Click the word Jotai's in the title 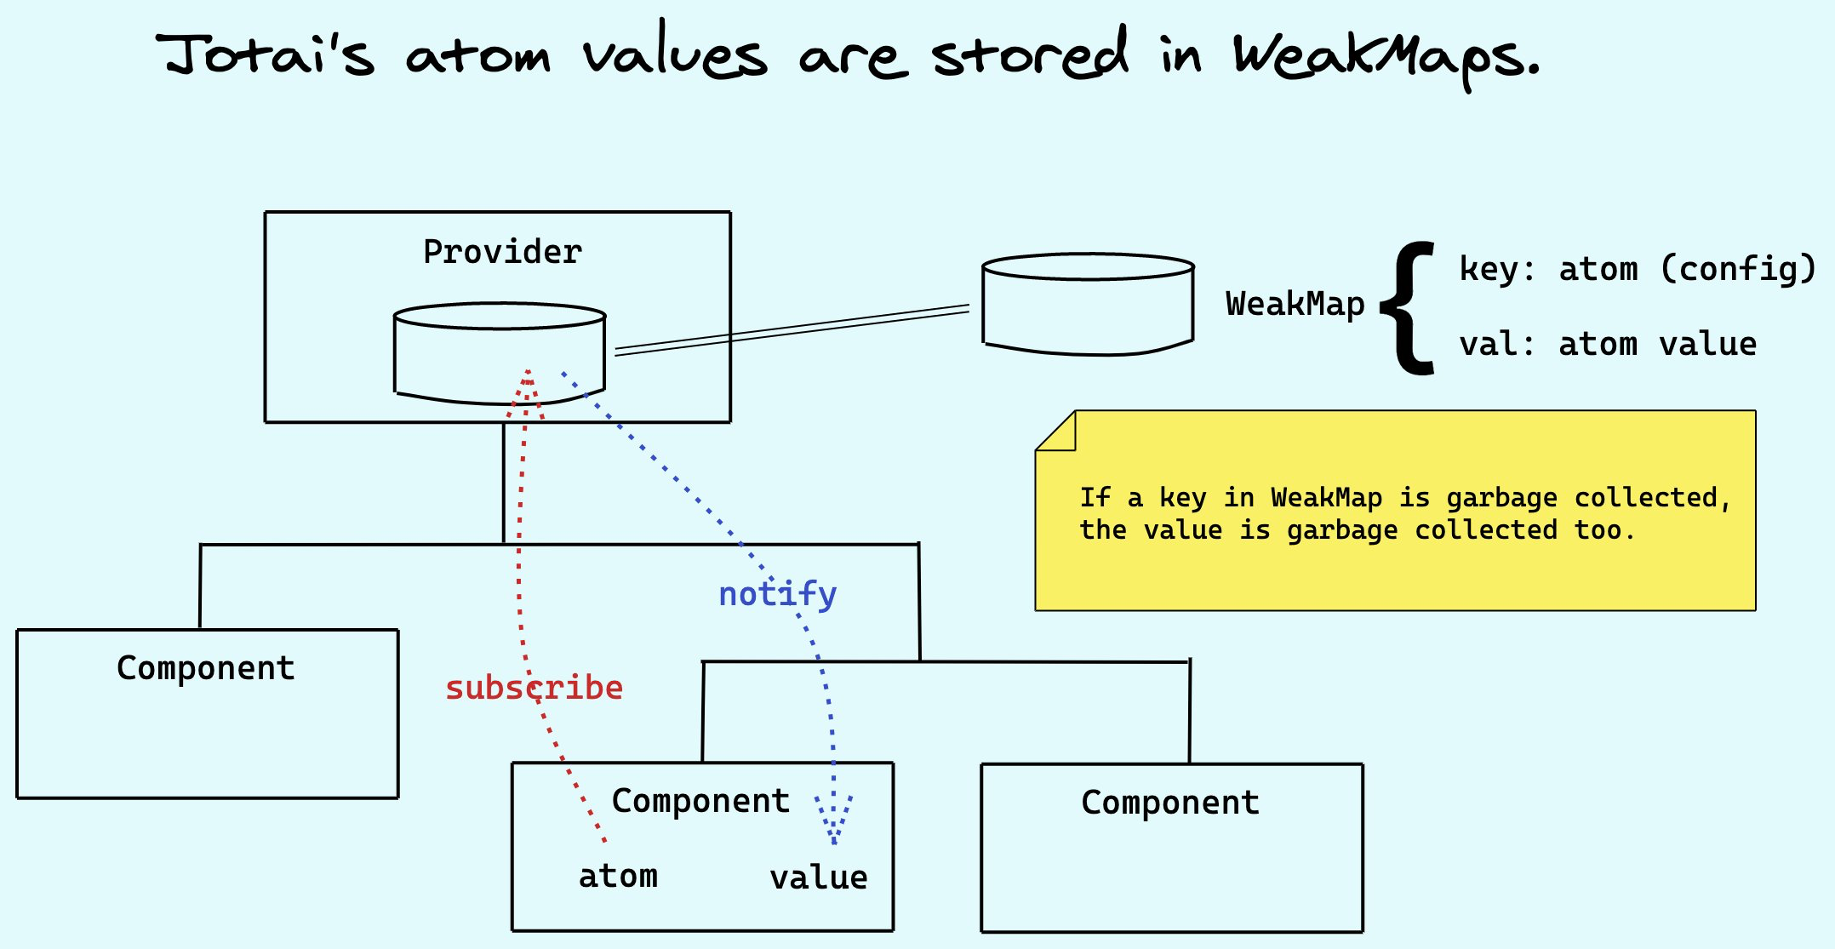coord(266,54)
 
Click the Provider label coord(502,252)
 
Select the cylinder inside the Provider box coord(500,352)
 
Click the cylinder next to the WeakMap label coord(1088,304)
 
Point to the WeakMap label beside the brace coord(1295,304)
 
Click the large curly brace coord(1409,308)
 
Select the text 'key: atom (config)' coord(1638,269)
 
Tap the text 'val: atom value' coord(1608,344)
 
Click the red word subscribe coord(534,688)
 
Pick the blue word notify coord(777,594)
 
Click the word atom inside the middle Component coord(618,876)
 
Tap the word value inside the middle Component coord(819,878)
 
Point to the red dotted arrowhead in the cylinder coord(527,392)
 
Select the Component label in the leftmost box coord(206,668)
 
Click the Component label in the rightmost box coord(1170,803)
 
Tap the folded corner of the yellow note coord(1056,431)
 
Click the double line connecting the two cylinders coord(792,329)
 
